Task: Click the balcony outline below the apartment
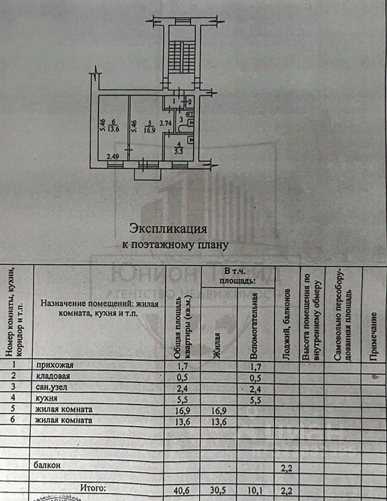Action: point(148,173)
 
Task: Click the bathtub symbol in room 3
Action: point(185,128)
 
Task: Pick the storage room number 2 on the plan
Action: point(190,102)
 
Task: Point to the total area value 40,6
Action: point(181,490)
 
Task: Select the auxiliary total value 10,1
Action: point(256,490)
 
